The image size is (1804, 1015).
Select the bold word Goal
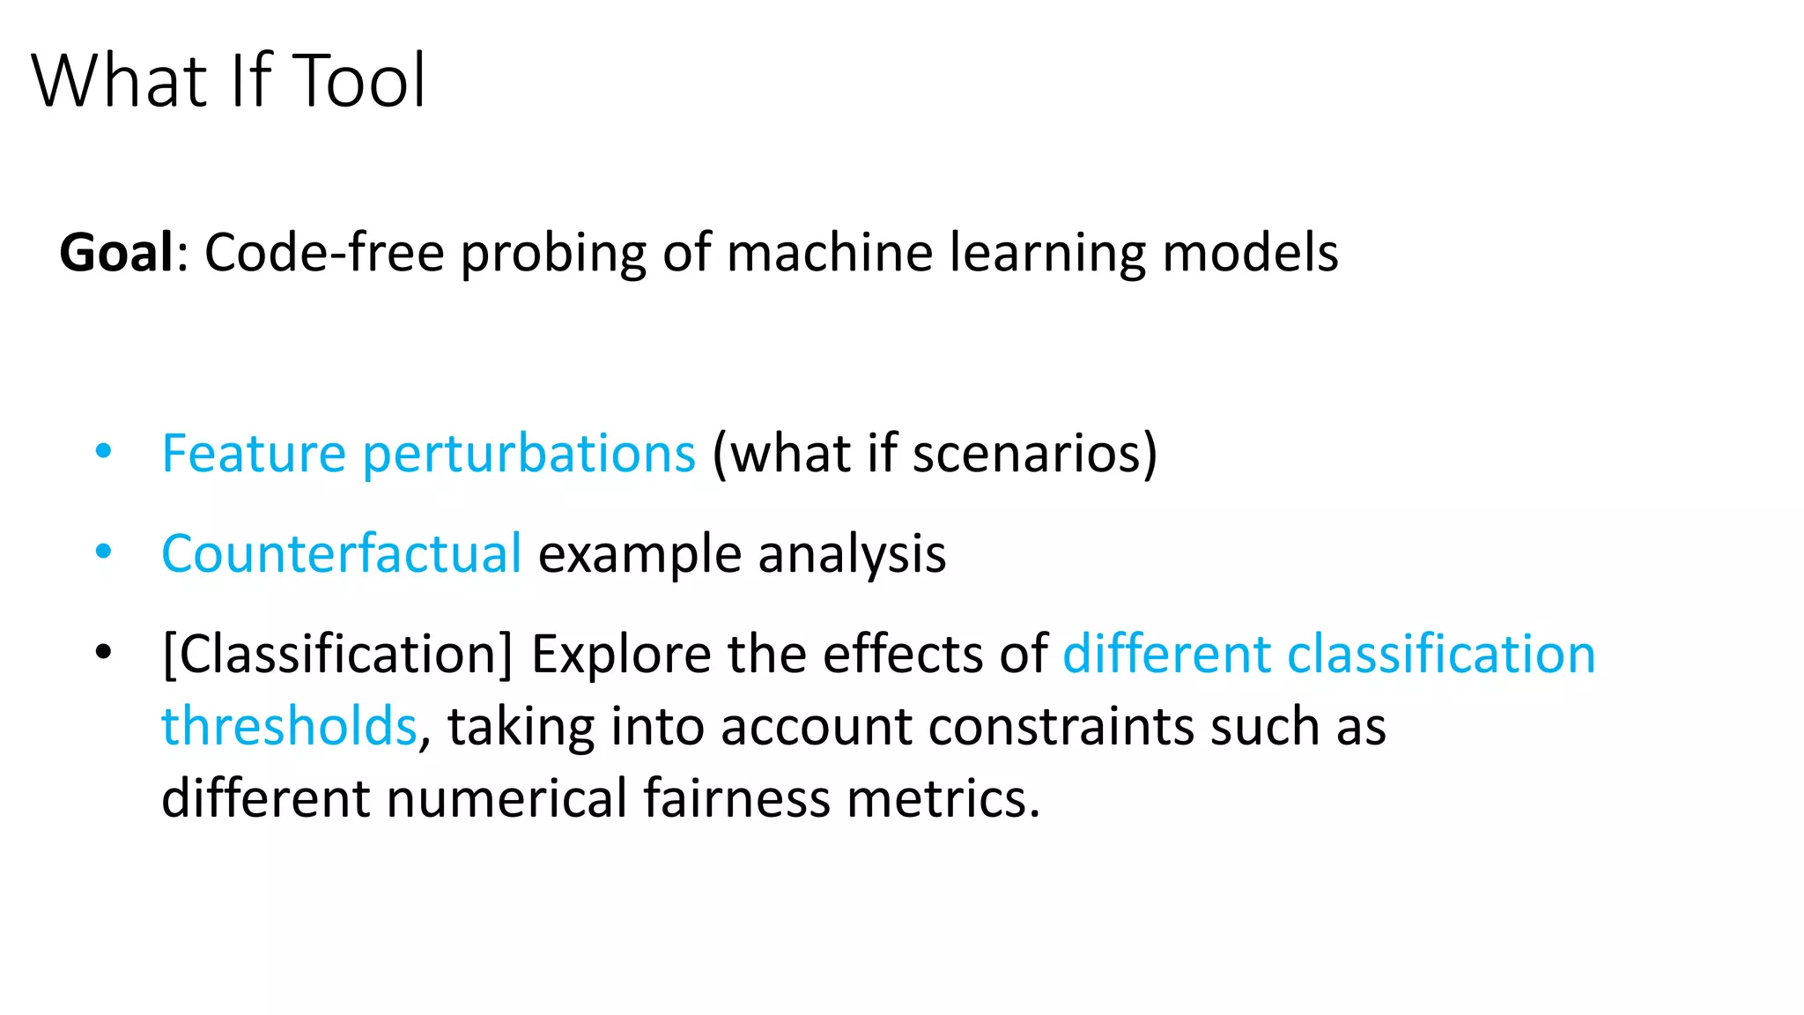116,253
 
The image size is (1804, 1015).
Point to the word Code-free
324,253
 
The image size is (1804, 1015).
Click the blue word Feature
254,454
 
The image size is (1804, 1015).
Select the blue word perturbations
529,456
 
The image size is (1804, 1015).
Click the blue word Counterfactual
342,554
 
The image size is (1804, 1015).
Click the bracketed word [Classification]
337,655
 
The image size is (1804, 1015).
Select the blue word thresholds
289,727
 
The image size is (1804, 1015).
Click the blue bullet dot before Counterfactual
104,552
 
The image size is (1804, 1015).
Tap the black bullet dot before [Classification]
104,653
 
